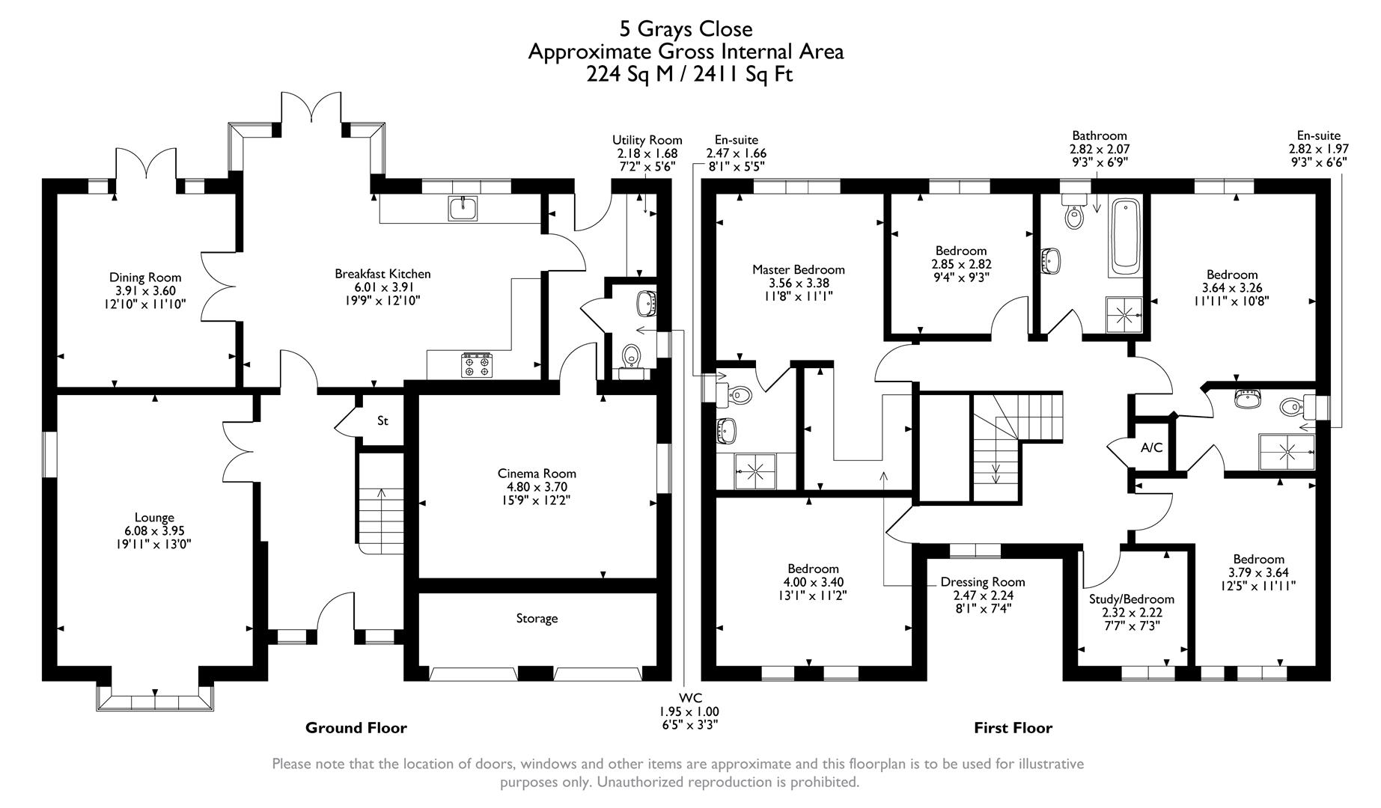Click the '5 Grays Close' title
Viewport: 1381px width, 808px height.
686,29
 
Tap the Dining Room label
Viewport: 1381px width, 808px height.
145,278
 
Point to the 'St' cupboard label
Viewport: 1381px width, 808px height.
382,421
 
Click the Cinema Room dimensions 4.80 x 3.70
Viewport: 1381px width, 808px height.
537,487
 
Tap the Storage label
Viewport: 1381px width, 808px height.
537,619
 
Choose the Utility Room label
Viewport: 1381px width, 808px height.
647,140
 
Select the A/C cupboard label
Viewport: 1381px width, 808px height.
1151,448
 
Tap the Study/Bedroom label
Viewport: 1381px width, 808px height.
1131,599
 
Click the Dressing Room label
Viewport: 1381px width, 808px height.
983,582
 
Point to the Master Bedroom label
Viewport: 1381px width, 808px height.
798,270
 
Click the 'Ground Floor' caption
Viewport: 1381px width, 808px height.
356,728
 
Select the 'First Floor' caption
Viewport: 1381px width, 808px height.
1013,728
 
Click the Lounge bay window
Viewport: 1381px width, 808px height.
155,702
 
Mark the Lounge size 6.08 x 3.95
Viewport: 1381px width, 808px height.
154,531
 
